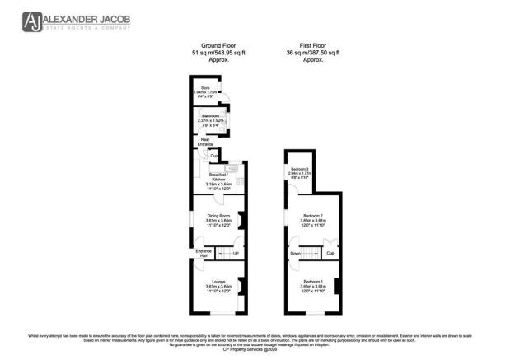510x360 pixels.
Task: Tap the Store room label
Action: coord(201,89)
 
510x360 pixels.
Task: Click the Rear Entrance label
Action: coord(204,142)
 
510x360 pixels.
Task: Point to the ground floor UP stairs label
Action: coord(236,253)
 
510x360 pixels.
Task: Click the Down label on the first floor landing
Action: coord(296,254)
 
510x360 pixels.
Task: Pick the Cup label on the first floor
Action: coord(330,254)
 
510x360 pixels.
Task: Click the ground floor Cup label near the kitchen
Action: coord(213,155)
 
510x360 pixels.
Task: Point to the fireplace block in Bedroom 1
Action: coord(338,288)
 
